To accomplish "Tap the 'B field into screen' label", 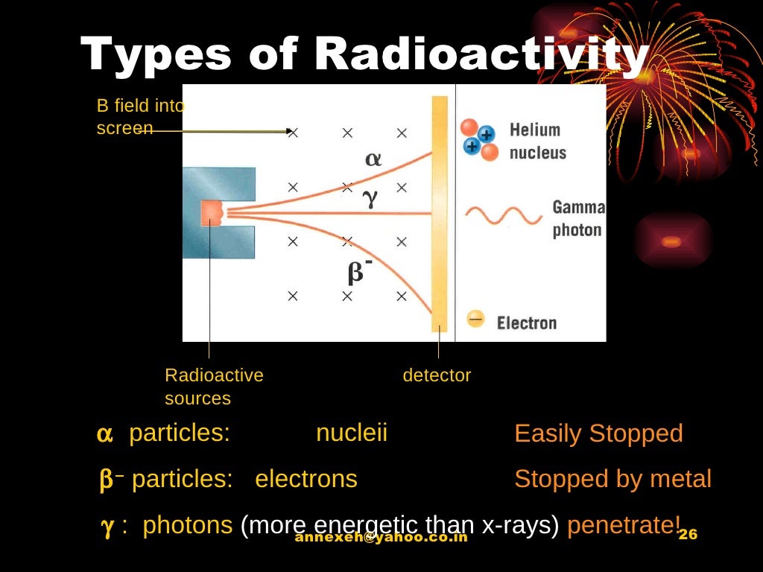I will (139, 117).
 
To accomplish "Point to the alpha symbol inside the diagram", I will (373, 159).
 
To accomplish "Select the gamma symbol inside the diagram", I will (370, 197).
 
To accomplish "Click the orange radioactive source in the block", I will (212, 213).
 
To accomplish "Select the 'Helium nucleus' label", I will (537, 142).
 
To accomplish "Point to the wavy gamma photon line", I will (504, 216).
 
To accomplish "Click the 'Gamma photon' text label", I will (578, 218).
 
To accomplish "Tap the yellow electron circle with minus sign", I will (475, 320).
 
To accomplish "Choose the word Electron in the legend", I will (526, 322).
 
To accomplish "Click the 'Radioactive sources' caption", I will (214, 387).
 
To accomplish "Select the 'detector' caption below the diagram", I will (437, 375).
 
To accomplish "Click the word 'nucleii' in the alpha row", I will (352, 433).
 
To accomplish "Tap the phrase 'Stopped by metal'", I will (612, 479).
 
